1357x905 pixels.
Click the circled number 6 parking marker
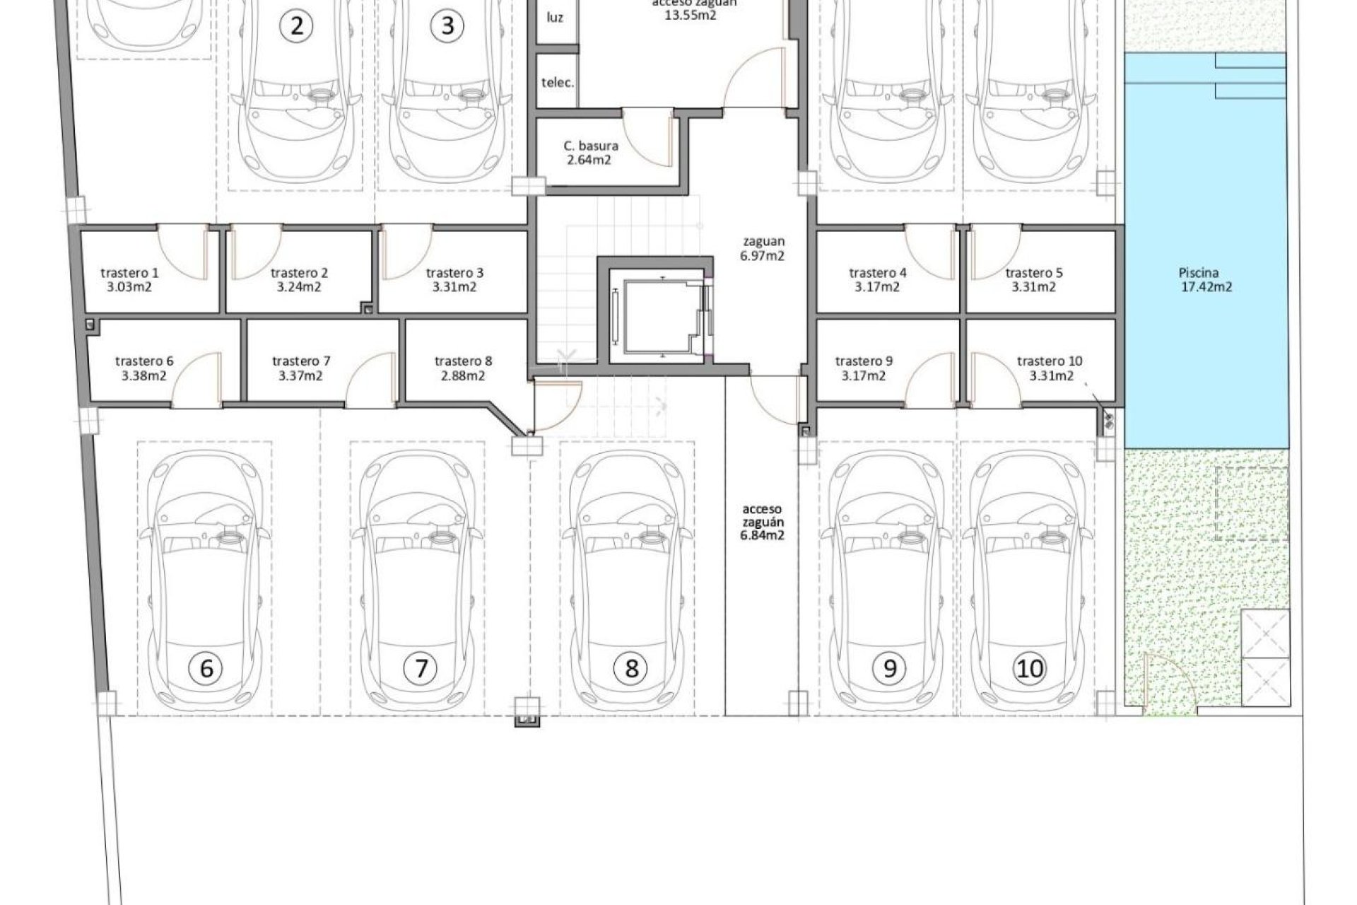tap(206, 667)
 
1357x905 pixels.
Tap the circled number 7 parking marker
tap(421, 667)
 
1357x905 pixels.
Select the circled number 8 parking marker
tap(631, 667)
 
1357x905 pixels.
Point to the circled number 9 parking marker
tap(889, 667)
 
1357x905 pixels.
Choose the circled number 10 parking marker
tap(1029, 667)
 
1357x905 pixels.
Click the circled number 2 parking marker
tap(297, 26)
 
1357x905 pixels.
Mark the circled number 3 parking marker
tap(447, 26)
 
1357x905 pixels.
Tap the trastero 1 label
tap(130, 273)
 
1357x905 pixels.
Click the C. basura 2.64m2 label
tap(591, 153)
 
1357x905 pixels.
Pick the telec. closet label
tap(557, 82)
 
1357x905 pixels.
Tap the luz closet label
tap(555, 17)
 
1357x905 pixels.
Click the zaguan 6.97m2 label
tap(762, 248)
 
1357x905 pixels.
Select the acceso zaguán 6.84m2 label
tap(762, 522)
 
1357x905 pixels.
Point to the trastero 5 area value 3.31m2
tap(1033, 287)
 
